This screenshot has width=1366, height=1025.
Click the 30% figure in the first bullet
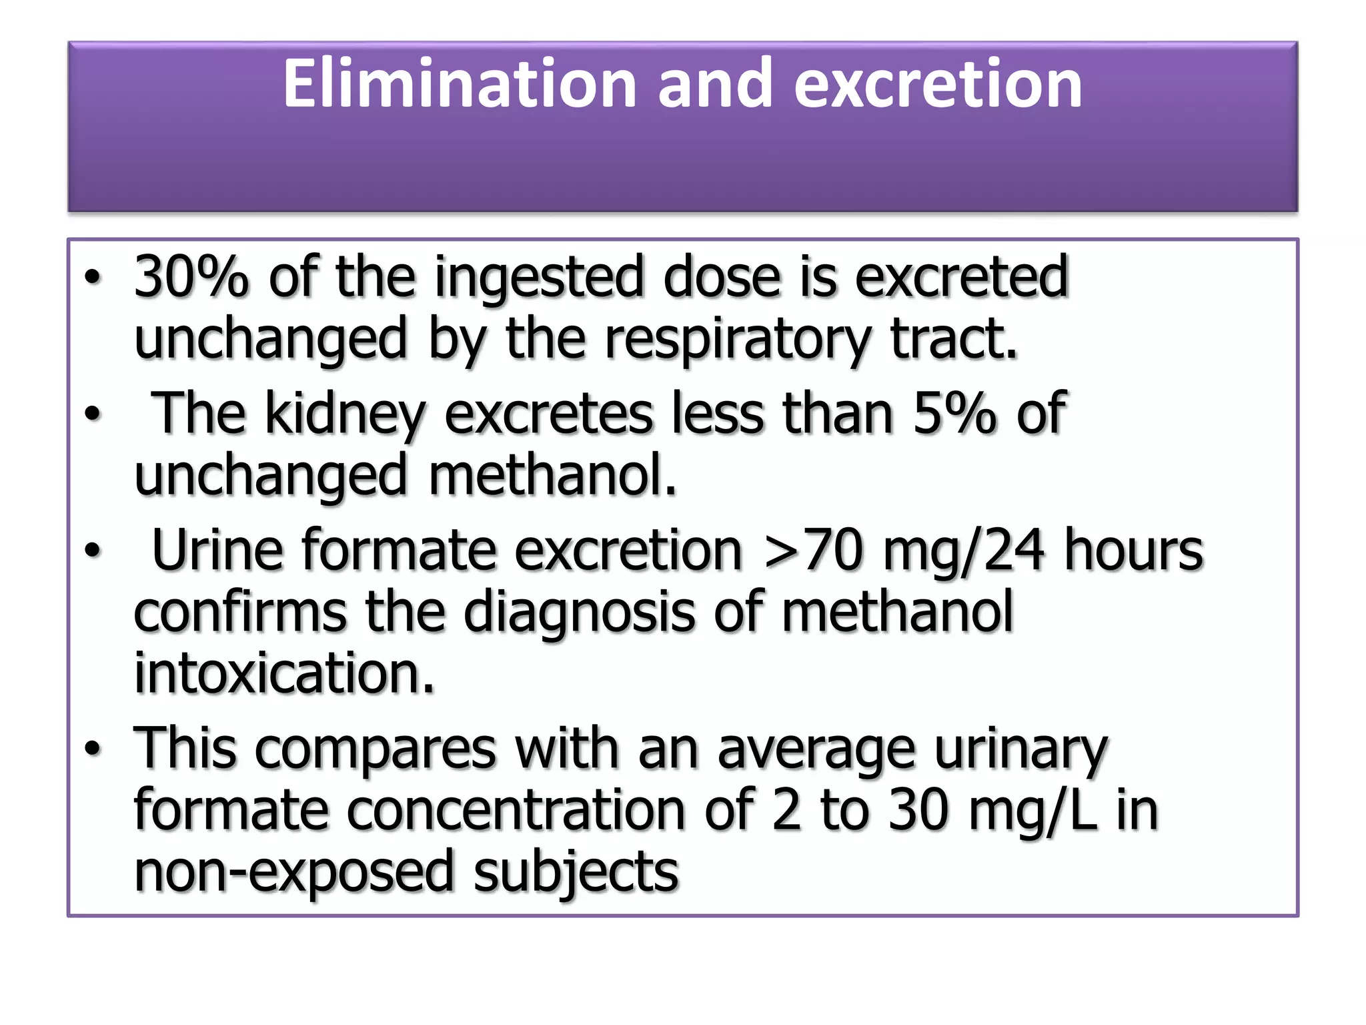pyautogui.click(x=191, y=276)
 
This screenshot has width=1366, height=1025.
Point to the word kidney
pyautogui.click(x=345, y=414)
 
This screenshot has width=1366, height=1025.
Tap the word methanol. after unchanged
pyautogui.click(x=552, y=476)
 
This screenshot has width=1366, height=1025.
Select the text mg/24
pyautogui.click(x=963, y=551)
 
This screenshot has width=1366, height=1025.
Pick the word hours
pyautogui.click(x=1133, y=550)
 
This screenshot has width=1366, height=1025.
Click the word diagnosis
pyautogui.click(x=578, y=611)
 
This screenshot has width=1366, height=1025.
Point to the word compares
pyautogui.click(x=376, y=749)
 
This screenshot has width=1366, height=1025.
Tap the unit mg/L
pyautogui.click(x=1033, y=811)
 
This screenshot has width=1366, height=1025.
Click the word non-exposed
pyautogui.click(x=293, y=872)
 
